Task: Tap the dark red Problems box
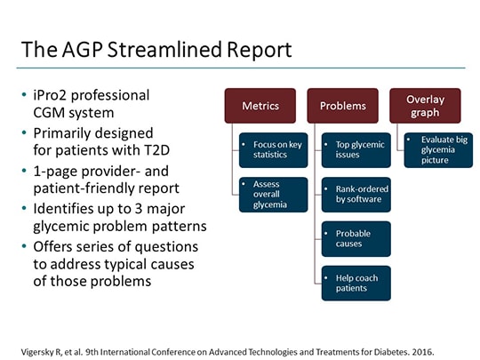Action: pyautogui.click(x=342, y=106)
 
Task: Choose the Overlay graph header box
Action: pyautogui.click(x=425, y=106)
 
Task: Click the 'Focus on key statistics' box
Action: pyautogui.click(x=274, y=149)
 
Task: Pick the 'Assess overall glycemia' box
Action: pyautogui.click(x=274, y=194)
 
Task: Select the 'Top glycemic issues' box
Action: pyautogui.click(x=356, y=149)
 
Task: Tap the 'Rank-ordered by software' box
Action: pyautogui.click(x=356, y=194)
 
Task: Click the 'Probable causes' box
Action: pyautogui.click(x=356, y=238)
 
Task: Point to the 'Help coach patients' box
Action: pyautogui.click(x=356, y=283)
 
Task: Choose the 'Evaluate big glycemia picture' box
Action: pyautogui.click(x=437, y=149)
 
